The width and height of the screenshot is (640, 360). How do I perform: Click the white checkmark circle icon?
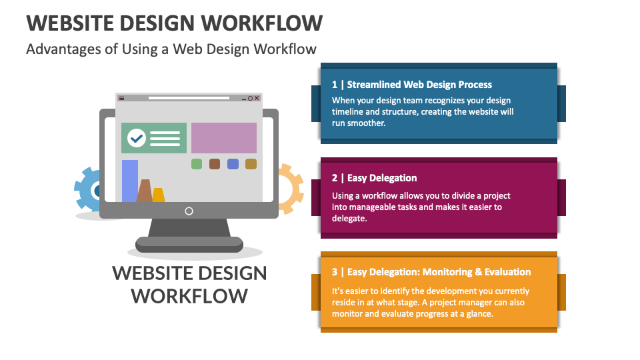pyautogui.click(x=137, y=138)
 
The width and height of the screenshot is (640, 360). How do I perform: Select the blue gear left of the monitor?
pyautogui.click(x=87, y=191)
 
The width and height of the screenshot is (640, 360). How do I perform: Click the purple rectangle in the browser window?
pyautogui.click(x=224, y=138)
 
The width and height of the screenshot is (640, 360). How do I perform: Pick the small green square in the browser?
pyautogui.click(x=197, y=164)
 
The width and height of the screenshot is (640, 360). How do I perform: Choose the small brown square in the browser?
pyautogui.click(x=215, y=164)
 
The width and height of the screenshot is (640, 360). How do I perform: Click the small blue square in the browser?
pyautogui.click(x=233, y=164)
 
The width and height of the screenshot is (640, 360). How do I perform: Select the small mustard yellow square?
pyautogui.click(x=251, y=164)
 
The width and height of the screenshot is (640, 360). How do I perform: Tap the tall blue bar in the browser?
pyautogui.click(x=130, y=181)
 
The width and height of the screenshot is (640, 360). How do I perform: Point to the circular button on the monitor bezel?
pyautogui.click(x=189, y=211)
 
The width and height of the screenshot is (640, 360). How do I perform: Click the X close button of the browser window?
pyautogui.click(x=251, y=98)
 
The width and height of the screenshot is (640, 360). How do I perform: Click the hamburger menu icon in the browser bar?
pyautogui.click(x=121, y=98)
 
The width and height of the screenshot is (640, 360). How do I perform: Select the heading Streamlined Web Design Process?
pyautogui.click(x=419, y=85)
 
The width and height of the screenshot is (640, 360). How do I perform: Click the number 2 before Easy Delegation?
pyautogui.click(x=335, y=178)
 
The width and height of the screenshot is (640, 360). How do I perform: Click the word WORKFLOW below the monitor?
pyautogui.click(x=189, y=295)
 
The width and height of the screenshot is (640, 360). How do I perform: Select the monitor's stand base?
pyautogui.click(x=189, y=245)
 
